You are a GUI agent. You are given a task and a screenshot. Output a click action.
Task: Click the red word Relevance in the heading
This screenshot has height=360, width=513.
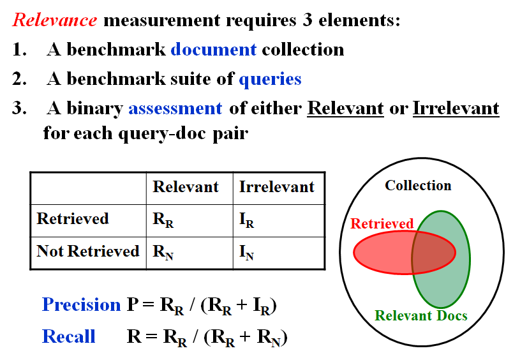(55, 20)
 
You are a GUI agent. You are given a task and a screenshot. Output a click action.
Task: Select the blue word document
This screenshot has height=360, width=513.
(213, 49)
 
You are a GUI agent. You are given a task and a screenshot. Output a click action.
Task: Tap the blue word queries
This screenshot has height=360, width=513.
(270, 79)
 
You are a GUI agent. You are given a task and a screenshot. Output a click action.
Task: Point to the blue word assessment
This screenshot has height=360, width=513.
(175, 109)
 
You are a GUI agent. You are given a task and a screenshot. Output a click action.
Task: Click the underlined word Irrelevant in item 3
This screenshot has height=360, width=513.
(456, 109)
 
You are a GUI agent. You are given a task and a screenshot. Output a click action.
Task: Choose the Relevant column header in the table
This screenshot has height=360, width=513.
(186, 187)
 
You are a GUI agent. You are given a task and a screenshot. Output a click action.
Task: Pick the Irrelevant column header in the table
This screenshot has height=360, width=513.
(277, 187)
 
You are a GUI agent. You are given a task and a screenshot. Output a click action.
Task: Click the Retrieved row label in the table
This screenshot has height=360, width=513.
(73, 219)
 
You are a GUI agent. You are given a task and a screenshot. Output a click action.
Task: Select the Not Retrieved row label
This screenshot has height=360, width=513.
(88, 251)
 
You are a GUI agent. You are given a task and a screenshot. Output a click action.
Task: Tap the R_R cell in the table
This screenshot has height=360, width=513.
(163, 220)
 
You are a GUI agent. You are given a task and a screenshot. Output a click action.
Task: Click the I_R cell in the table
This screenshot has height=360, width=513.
(247, 220)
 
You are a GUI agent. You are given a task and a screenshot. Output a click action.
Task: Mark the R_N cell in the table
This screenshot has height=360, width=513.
(163, 252)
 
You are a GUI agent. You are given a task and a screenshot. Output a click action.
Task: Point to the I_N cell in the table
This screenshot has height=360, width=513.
(247, 252)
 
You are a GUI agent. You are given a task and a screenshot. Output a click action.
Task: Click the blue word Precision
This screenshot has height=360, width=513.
(81, 305)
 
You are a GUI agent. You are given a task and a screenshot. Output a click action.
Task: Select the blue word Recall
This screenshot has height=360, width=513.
(69, 336)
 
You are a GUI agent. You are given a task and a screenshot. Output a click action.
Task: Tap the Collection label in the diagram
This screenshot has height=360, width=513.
(418, 186)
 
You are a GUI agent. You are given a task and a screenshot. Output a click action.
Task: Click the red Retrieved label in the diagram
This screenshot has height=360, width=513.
(382, 224)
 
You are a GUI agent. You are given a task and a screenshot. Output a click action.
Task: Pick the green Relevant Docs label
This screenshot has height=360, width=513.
(421, 315)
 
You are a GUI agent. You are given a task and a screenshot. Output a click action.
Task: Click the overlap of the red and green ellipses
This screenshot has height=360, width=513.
(433, 252)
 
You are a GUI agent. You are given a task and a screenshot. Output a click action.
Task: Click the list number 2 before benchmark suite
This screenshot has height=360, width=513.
(17, 79)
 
